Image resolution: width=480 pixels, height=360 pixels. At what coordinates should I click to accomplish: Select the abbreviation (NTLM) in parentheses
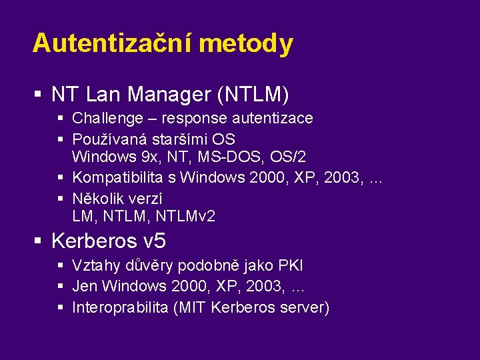pos(253,95)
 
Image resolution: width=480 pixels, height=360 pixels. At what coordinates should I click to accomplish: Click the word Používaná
pos(110,139)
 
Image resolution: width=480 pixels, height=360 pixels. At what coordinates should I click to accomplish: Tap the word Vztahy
pos(95,266)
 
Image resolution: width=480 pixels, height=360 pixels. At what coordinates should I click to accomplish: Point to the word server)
pos(305,307)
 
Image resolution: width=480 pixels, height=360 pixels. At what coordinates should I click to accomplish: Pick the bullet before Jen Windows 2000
pos(61,287)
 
